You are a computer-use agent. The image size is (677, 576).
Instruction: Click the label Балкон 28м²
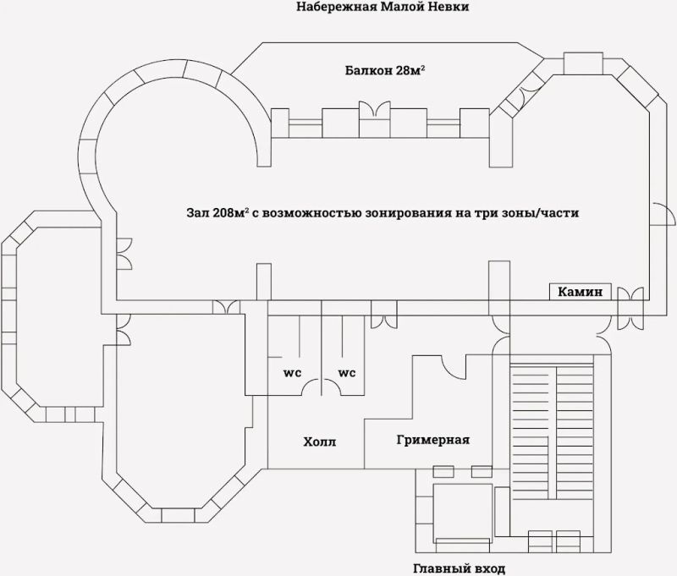coord(384,70)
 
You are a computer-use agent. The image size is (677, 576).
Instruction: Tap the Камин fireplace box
coord(581,292)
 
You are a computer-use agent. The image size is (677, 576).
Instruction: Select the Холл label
coord(320,442)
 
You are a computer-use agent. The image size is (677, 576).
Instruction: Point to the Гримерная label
coord(433,440)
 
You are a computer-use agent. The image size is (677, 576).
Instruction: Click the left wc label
coord(292,373)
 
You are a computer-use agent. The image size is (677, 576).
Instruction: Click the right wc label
coord(347,373)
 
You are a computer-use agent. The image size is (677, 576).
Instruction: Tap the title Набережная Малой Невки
coord(383,7)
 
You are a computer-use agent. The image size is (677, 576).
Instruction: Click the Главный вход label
coord(459,568)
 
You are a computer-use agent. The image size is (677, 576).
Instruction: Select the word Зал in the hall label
coord(197,212)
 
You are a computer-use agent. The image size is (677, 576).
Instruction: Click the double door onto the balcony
coord(375,109)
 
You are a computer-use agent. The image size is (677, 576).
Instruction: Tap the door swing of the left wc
coord(311,387)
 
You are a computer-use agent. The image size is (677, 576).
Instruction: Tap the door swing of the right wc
coord(331,387)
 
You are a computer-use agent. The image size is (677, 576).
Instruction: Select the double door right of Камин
coord(630,309)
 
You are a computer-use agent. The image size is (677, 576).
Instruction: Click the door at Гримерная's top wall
coord(453,366)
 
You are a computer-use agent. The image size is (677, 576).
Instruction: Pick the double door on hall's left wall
coord(124,254)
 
